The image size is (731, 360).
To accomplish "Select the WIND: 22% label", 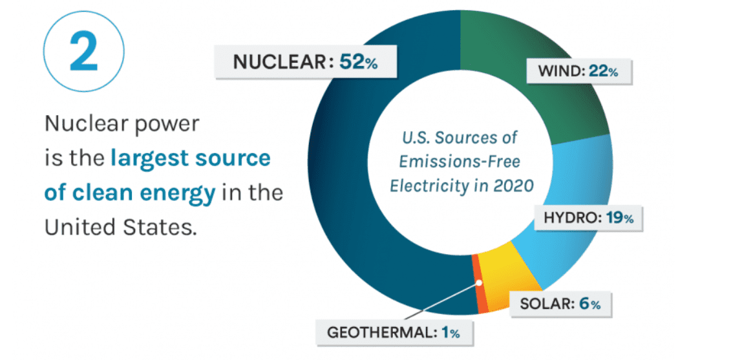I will (578, 72).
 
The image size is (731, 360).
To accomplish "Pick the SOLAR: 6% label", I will (560, 304).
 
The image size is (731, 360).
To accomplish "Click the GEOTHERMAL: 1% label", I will (394, 333).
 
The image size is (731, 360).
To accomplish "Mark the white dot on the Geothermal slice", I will (479, 282).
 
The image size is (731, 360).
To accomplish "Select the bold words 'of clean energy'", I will (130, 193).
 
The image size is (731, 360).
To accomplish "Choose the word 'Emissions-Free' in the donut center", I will (459, 162).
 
